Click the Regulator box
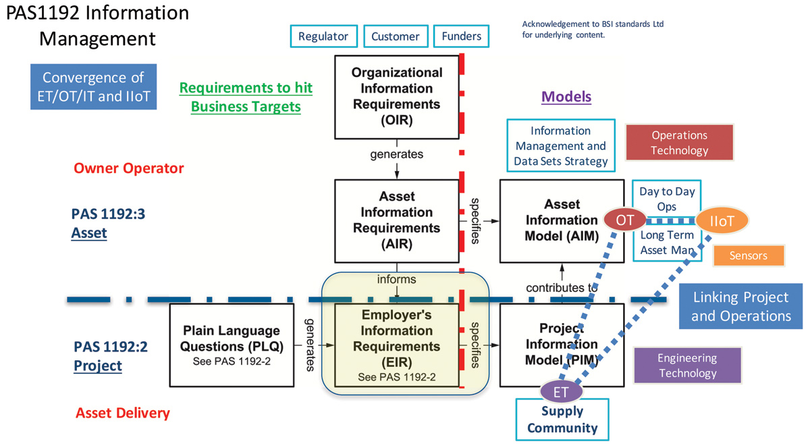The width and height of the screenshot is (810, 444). point(323,36)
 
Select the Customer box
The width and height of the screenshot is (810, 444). point(395,36)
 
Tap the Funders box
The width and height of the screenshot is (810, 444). point(462,36)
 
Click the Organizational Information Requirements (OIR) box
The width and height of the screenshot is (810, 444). point(396,97)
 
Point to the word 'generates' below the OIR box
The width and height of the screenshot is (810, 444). point(396,154)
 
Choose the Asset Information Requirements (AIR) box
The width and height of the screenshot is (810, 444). point(396,220)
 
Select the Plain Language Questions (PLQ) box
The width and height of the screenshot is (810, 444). point(230,345)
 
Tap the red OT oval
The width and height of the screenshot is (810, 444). point(625,219)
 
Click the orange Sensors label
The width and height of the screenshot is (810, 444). point(749,255)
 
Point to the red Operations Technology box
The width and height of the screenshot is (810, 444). point(679,143)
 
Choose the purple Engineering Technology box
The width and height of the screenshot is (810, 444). point(687,366)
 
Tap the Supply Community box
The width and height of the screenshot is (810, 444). point(562,420)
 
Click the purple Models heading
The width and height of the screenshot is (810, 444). point(566,97)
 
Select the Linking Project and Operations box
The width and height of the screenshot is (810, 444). point(740,306)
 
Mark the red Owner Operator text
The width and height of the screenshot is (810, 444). point(128,168)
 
